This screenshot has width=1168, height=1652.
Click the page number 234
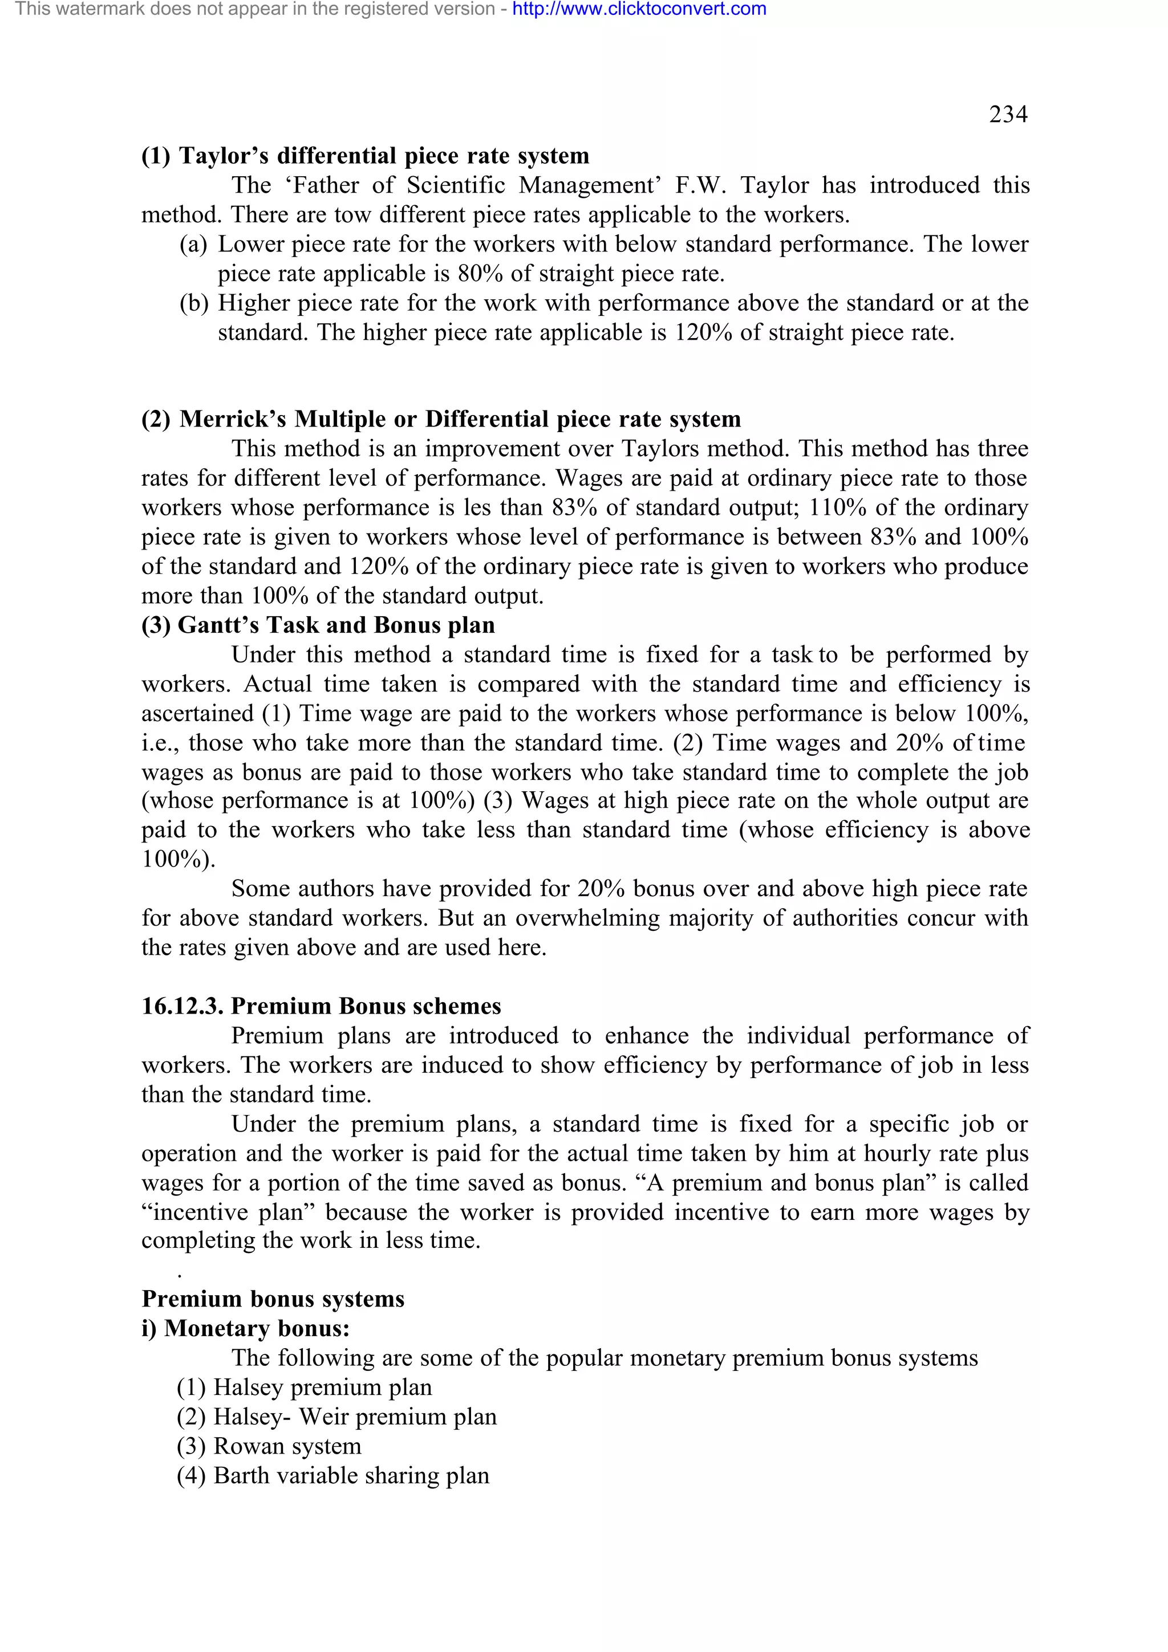[x=1008, y=115]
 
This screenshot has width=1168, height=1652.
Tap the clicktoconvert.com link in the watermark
[x=639, y=9]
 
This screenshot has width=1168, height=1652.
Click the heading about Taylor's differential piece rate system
[x=365, y=156]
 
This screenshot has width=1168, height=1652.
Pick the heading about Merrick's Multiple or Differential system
[x=440, y=419]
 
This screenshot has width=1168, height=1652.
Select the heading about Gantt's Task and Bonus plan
[x=318, y=625]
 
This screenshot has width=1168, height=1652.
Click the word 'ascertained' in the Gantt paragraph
[x=197, y=713]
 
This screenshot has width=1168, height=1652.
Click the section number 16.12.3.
[x=182, y=1006]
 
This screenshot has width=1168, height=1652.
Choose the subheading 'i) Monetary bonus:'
[x=245, y=1328]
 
